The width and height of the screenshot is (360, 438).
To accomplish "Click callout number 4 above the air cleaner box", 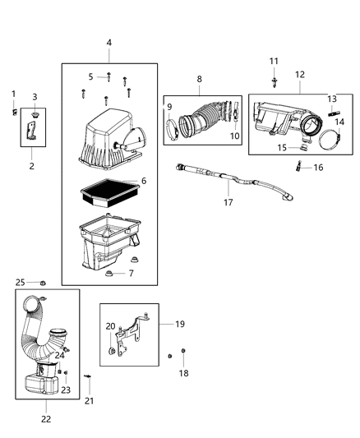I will pos(109,43).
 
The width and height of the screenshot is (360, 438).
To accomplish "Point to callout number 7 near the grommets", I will pos(132,273).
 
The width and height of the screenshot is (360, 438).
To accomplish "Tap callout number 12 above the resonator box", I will pos(299,75).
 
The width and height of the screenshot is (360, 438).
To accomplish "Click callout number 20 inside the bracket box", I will pos(110,327).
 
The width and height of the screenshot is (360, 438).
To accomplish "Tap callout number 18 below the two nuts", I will pos(184,372).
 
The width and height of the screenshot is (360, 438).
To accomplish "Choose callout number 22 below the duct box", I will pos(46,418).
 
